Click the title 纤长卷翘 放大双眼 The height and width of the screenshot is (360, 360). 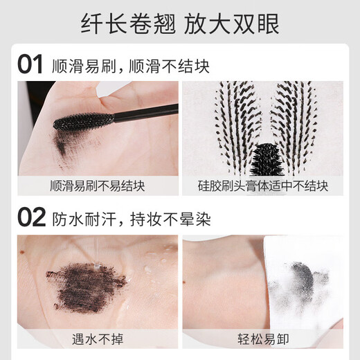180,25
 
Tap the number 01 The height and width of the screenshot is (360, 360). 31,65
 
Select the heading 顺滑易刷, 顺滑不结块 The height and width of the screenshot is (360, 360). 130,66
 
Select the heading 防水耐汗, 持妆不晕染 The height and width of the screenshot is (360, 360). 130,219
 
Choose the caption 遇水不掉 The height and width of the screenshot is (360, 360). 97,339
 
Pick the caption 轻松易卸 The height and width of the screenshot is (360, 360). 262,339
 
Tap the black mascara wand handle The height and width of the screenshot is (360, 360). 145,111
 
